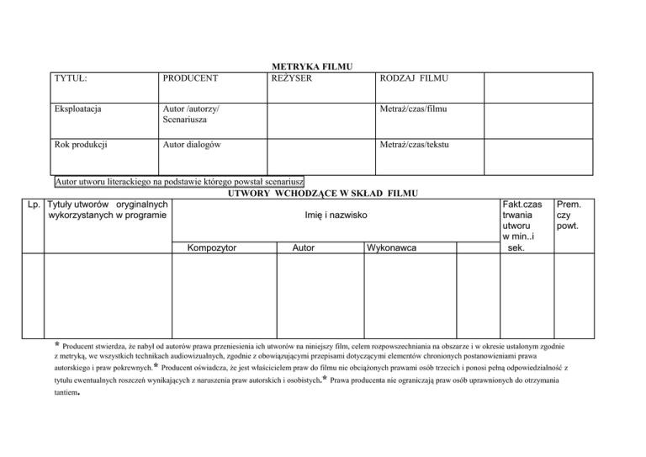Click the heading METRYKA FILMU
311,66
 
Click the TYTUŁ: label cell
72,78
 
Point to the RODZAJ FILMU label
415,78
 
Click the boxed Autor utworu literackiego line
179,182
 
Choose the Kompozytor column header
212,248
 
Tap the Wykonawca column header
396,248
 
